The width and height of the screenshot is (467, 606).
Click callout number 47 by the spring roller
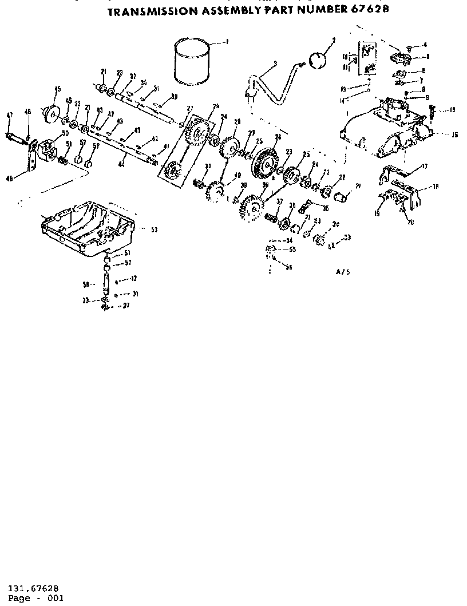pyautogui.click(x=9, y=116)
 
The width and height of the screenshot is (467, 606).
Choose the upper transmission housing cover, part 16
pyautogui.click(x=389, y=129)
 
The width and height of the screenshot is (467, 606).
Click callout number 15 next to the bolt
pyautogui.click(x=452, y=110)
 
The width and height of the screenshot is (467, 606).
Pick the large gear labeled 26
pyautogui.click(x=264, y=159)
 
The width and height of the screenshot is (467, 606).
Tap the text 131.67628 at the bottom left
pyautogui.click(x=33, y=588)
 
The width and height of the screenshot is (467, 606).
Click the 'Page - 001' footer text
pyautogui.click(x=36, y=598)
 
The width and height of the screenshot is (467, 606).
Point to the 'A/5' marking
pyautogui.click(x=343, y=272)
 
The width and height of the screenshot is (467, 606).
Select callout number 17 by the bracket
pyautogui.click(x=424, y=167)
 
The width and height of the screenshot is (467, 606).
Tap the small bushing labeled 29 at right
pyautogui.click(x=343, y=197)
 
